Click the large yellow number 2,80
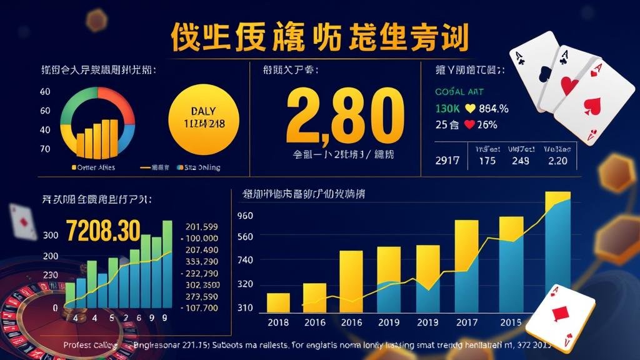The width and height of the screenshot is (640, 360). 341,116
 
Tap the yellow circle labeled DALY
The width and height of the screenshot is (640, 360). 205,117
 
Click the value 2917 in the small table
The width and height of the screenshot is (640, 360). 447,161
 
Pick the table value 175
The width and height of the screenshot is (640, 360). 486,161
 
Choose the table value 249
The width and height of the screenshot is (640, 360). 520,161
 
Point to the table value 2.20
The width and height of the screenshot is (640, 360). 557,161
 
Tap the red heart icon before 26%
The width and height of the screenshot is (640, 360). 469,124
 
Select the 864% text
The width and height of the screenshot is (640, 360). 494,109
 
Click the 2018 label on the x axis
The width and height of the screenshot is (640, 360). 278,322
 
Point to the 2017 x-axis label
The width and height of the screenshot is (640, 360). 466,322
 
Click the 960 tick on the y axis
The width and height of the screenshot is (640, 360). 245,216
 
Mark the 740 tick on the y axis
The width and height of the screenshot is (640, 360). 245,261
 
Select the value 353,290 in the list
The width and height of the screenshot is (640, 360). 201,262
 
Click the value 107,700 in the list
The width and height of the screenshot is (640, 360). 201,307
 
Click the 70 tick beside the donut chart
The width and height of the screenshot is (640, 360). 45,149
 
